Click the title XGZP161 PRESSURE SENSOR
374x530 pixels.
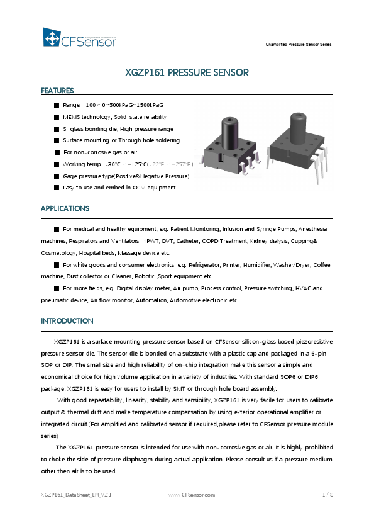(187, 73)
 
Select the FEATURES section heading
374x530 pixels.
(57, 91)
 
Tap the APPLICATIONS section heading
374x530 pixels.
(65, 208)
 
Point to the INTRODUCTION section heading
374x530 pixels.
(67, 321)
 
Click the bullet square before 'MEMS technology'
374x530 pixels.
(57, 117)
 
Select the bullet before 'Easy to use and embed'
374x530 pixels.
(57, 188)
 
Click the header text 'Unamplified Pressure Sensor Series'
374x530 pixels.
(299, 45)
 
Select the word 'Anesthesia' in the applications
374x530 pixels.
(312, 230)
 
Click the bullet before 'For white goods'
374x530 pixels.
(57, 265)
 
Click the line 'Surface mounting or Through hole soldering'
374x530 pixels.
(121, 140)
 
